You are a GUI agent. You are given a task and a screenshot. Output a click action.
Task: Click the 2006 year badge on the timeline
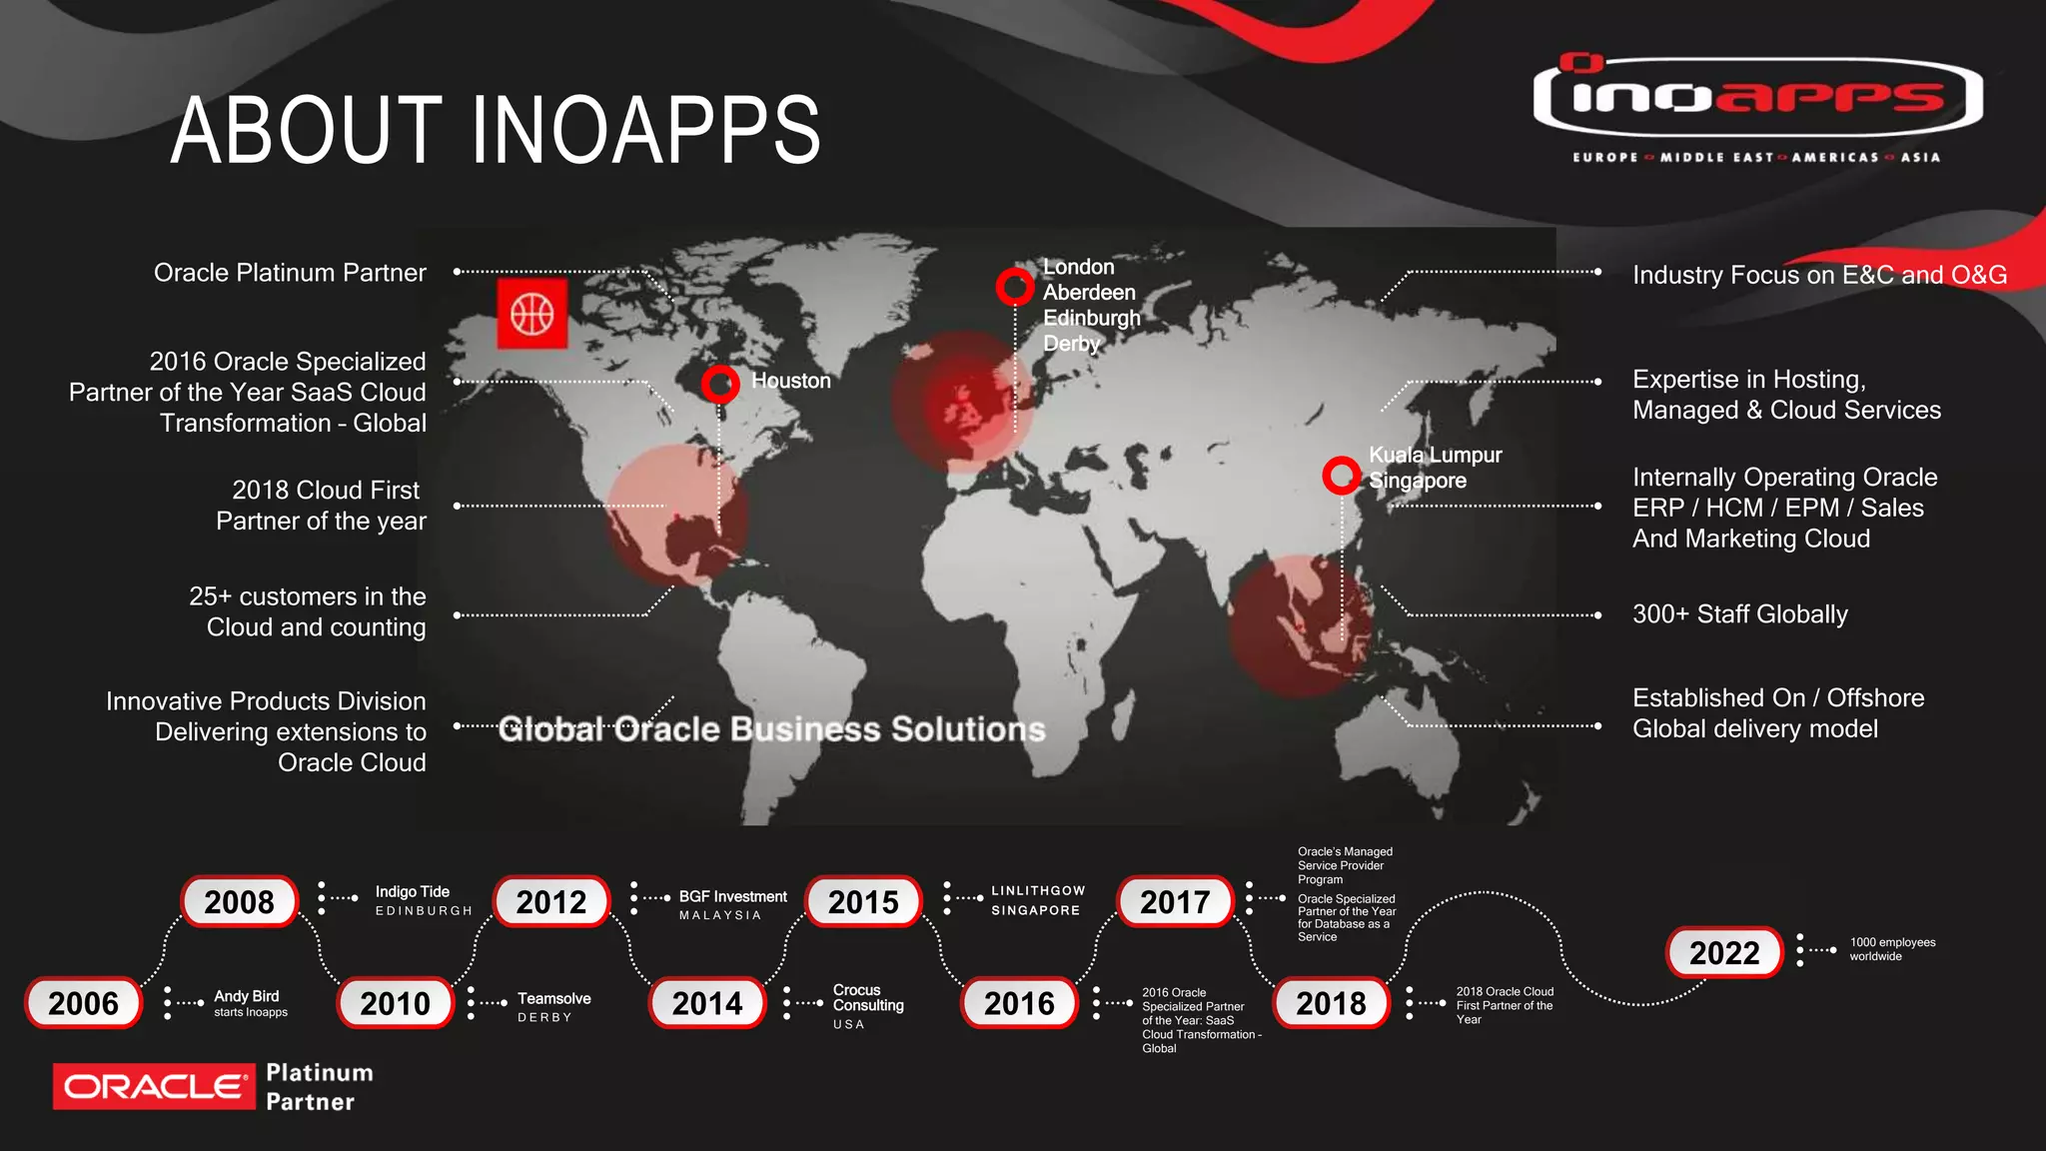click(83, 1003)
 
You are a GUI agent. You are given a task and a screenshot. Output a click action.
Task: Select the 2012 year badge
click(551, 902)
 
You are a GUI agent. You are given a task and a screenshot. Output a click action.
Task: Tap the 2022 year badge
click(1724, 952)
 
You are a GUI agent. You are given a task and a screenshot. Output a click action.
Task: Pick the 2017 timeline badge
click(1175, 902)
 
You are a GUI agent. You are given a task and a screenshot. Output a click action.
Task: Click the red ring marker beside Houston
click(719, 383)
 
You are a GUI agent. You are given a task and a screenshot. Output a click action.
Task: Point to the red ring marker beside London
click(1014, 287)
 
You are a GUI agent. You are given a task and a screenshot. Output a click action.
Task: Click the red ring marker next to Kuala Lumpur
click(1341, 475)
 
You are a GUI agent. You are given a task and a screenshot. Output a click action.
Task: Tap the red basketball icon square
click(531, 314)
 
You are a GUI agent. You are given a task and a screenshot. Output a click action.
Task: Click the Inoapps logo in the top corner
click(1757, 98)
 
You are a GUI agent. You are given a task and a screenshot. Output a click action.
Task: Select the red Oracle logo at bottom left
click(152, 1086)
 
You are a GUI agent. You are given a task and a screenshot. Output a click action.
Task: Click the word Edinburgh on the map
click(1091, 318)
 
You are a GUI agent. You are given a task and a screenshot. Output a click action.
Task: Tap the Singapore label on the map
click(1417, 481)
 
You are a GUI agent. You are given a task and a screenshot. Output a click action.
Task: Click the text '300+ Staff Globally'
click(1739, 613)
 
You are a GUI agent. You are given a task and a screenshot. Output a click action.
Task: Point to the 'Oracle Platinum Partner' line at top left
click(290, 273)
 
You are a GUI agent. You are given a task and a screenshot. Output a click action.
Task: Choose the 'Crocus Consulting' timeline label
click(867, 997)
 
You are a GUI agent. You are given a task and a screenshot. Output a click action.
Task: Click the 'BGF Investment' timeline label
click(732, 896)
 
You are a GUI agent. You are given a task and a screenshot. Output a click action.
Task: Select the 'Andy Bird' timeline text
click(246, 996)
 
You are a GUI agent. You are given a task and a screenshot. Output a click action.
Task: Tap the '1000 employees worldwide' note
click(1892, 949)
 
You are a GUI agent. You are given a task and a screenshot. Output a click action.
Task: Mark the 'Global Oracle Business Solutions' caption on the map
click(771, 729)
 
